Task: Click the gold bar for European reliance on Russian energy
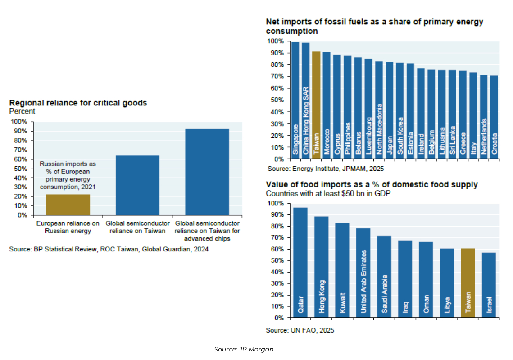tap(68, 205)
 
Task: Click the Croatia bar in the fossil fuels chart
tap(494, 117)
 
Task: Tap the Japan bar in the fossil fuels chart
tap(389, 110)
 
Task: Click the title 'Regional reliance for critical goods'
tap(78, 103)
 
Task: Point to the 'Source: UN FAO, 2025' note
tap(300, 330)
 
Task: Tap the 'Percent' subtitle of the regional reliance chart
tap(22, 111)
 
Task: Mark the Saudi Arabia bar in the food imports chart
tap(384, 277)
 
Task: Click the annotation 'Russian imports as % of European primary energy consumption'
tap(68, 175)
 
